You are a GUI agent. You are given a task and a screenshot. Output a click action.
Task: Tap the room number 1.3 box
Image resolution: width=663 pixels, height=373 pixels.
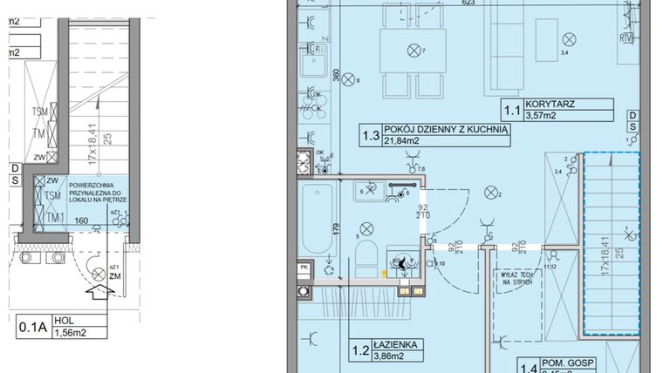370,134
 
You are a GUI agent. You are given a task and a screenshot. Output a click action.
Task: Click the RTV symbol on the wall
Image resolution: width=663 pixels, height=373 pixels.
625,37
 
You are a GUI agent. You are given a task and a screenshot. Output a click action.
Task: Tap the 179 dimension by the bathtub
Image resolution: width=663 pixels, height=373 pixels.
334,230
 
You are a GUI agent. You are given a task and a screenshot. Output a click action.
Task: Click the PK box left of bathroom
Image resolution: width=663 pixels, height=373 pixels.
304,268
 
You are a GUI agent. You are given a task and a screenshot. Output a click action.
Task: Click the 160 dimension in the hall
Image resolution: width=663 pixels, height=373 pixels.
81,221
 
